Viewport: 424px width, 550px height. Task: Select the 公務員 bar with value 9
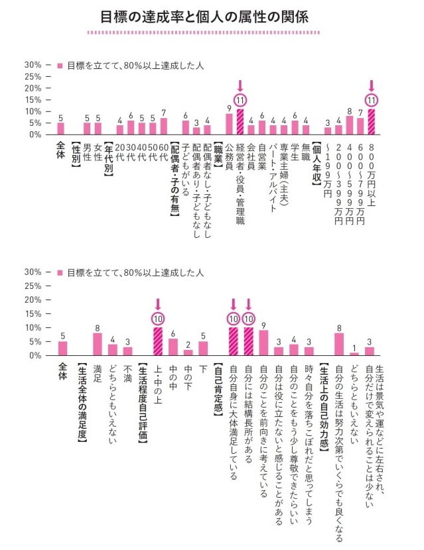(x=229, y=124)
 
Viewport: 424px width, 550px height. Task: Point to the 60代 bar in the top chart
(x=164, y=127)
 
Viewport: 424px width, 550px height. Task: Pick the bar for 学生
(x=295, y=127)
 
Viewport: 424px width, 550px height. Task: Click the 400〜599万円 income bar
(x=350, y=125)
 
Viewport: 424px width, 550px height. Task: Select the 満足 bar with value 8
(x=98, y=344)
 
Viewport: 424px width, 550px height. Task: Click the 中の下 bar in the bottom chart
(x=188, y=353)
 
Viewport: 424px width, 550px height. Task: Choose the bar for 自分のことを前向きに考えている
(x=263, y=343)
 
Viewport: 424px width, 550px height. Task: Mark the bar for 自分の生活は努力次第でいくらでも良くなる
(x=339, y=344)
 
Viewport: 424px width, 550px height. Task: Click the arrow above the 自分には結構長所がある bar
(x=248, y=304)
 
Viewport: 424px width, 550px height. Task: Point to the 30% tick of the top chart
(x=33, y=65)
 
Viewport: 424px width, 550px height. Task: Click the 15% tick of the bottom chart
(x=33, y=313)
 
